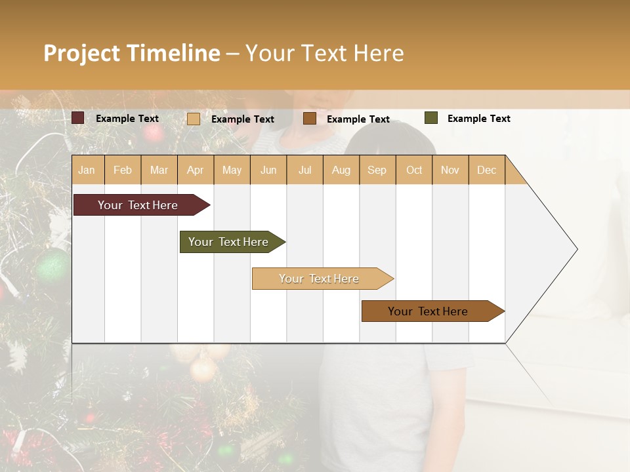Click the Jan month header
87,170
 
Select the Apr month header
195,170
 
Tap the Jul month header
304,170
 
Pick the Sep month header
377,170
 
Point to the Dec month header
486,170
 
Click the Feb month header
123,170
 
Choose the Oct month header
414,170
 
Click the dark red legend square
78,118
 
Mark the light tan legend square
194,119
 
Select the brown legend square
310,119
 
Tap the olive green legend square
430,118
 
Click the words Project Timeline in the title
131,53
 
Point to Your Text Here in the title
324,53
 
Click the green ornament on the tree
52,265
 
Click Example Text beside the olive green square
478,119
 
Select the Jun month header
268,170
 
